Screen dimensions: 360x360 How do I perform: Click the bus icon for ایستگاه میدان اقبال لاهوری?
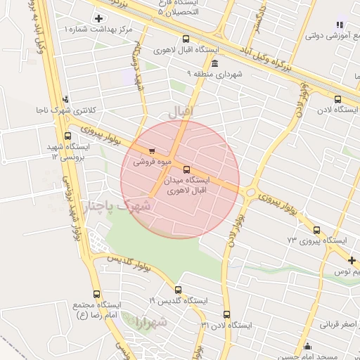(x=186, y=169)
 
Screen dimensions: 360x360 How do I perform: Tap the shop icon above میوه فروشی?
(x=152, y=150)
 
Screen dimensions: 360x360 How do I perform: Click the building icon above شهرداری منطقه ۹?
(x=214, y=63)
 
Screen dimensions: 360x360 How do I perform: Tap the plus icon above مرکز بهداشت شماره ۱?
(x=97, y=18)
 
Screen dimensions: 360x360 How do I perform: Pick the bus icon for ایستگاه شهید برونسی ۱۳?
(x=67, y=136)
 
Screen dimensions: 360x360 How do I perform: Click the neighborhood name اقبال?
(x=181, y=110)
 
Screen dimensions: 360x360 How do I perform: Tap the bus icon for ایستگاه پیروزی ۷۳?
(x=316, y=230)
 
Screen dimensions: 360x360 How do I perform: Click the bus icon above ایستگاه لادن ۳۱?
(x=226, y=314)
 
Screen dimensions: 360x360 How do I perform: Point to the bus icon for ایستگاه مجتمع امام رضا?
(x=96, y=294)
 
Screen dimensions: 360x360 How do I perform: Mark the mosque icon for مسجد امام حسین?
(x=307, y=346)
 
